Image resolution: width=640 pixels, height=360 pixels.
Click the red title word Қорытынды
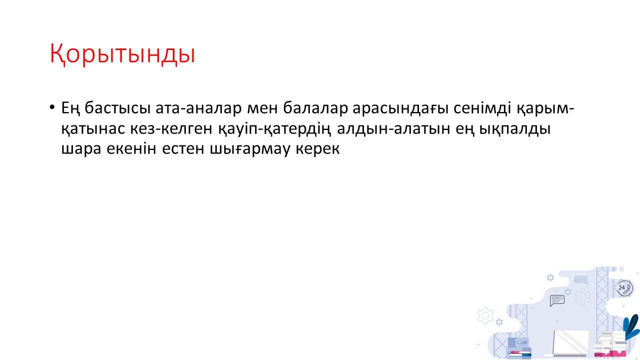[x=122, y=54]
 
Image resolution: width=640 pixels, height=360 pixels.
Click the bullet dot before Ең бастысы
[x=51, y=107]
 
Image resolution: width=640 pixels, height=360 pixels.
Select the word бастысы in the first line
[x=117, y=108]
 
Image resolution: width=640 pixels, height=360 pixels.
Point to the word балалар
[x=315, y=108]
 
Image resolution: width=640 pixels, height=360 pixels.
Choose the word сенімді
[x=482, y=108]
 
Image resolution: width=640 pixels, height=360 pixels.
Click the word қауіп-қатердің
[x=274, y=129]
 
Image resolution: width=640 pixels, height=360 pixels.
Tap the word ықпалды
[x=514, y=129]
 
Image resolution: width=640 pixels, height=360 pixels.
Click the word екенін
[x=131, y=148]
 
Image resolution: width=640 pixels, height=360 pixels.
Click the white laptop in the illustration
[x=568, y=343]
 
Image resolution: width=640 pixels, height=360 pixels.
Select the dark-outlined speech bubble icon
[x=557, y=300]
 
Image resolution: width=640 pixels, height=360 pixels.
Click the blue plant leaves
[x=631, y=327]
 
